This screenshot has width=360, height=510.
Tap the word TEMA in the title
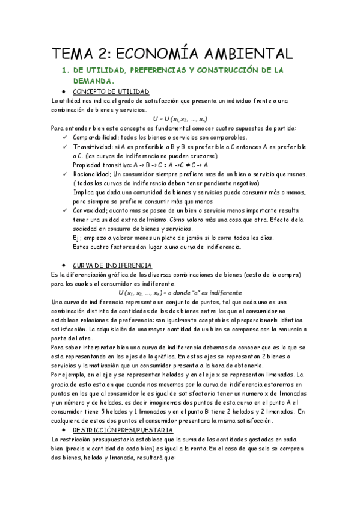pyautogui.click(x=76, y=52)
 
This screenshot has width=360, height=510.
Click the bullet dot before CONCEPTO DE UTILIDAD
pyautogui.click(x=64, y=91)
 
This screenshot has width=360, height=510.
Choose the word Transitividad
pyautogui.click(x=93, y=147)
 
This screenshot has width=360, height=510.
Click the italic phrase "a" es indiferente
pyautogui.click(x=210, y=293)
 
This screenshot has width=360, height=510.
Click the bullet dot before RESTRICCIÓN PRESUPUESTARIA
pyautogui.click(x=64, y=431)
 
